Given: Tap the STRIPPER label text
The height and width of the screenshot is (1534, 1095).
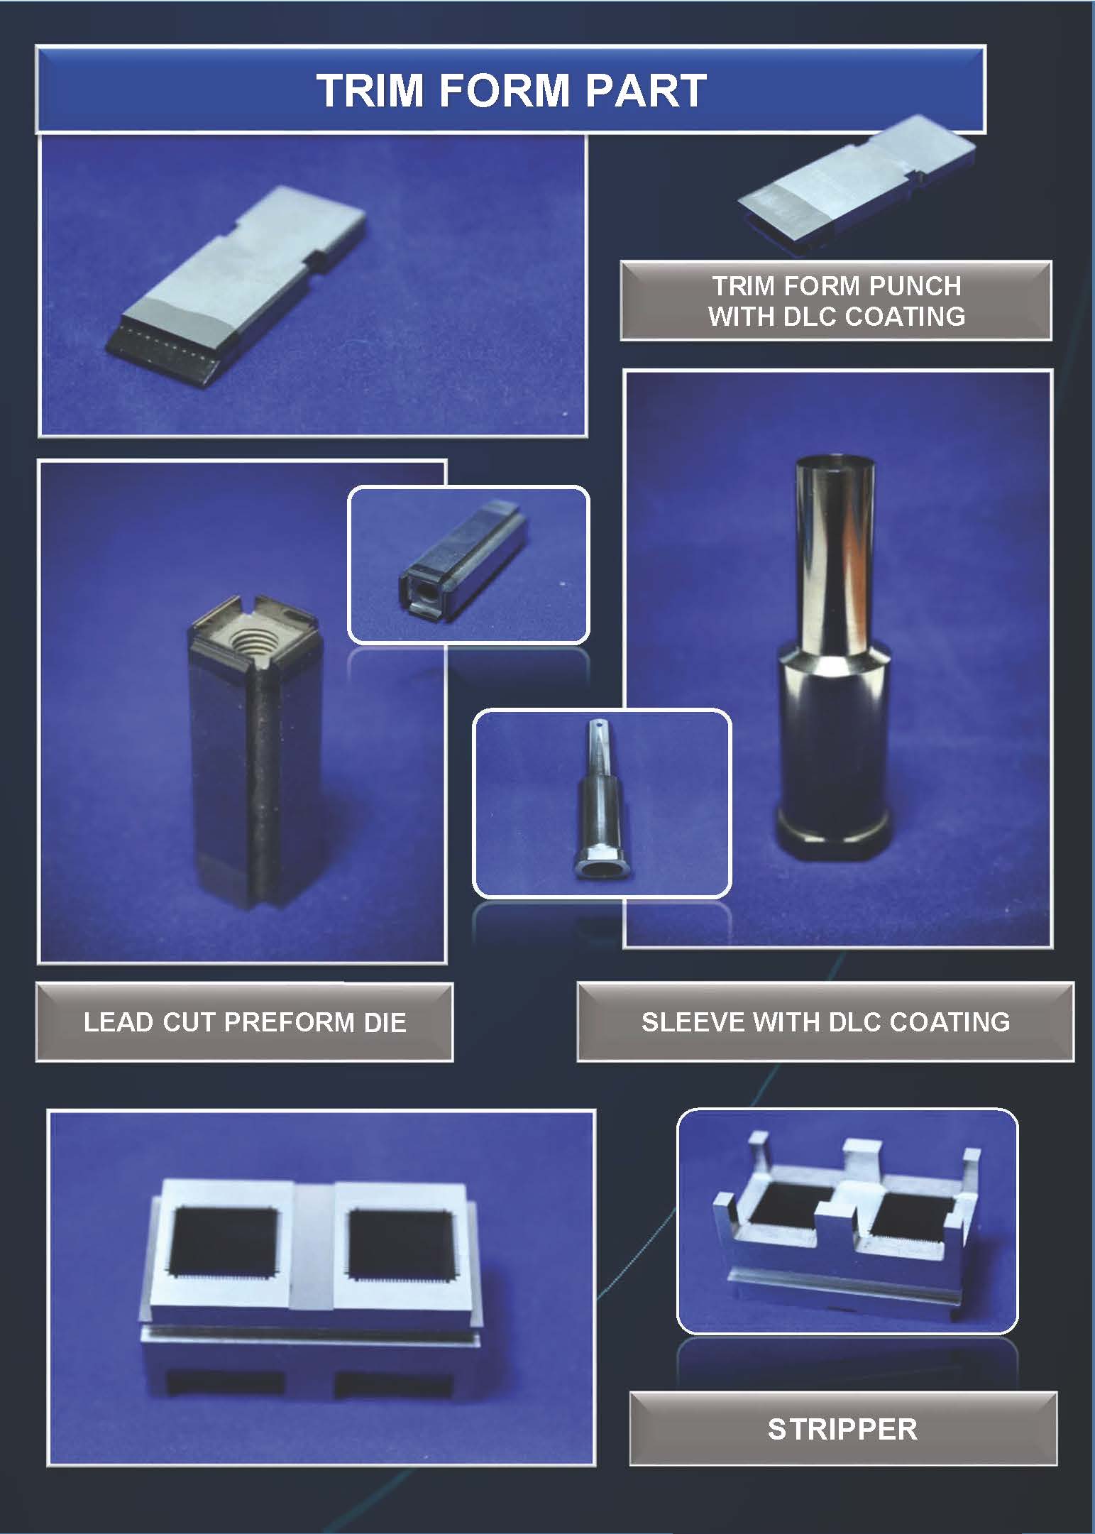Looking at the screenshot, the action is pyautogui.click(x=842, y=1429).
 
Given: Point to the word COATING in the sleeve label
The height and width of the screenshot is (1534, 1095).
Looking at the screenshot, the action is pyautogui.click(x=950, y=1021).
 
